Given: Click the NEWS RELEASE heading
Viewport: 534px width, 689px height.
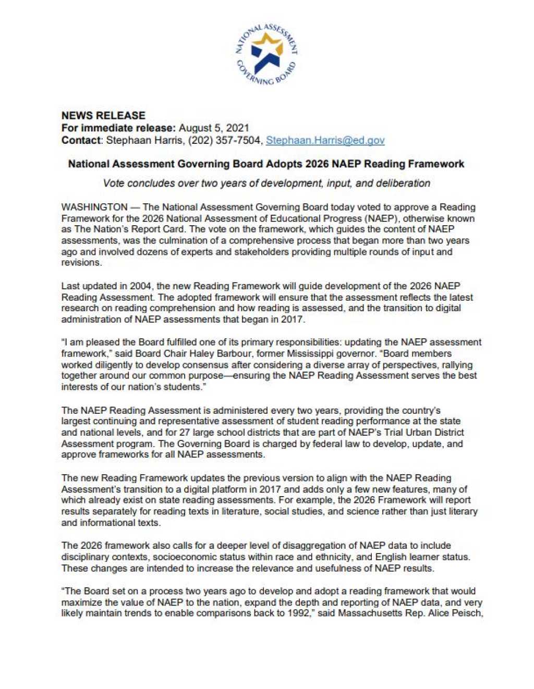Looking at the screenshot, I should pyautogui.click(x=103, y=115).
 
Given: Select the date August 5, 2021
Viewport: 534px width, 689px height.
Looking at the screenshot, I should pyautogui.click(x=214, y=128).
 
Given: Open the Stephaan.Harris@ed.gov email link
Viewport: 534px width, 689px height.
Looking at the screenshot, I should pyautogui.click(x=325, y=140).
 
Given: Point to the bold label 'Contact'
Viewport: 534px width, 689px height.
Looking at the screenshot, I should pyautogui.click(x=81, y=140).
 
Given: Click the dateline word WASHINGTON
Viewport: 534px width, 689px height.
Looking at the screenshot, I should pyautogui.click(x=94, y=207).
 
